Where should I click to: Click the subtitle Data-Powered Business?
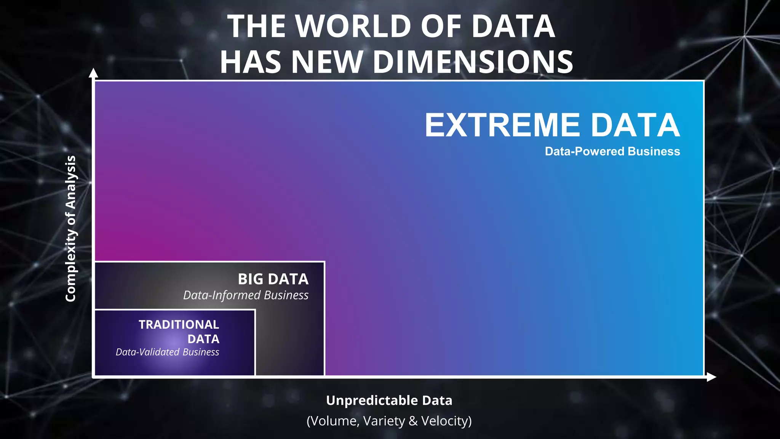click(612, 151)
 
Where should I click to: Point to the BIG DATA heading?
click(273, 279)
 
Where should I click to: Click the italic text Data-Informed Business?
click(246, 295)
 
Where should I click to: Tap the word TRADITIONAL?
click(179, 324)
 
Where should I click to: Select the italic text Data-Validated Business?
click(167, 352)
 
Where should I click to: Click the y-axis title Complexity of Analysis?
click(71, 229)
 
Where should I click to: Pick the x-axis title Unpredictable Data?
click(389, 401)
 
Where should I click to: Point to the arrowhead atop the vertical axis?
click(93, 73)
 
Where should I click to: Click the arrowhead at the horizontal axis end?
click(711, 377)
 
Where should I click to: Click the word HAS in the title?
click(252, 62)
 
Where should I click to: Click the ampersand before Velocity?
click(413, 421)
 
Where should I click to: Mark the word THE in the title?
click(256, 26)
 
